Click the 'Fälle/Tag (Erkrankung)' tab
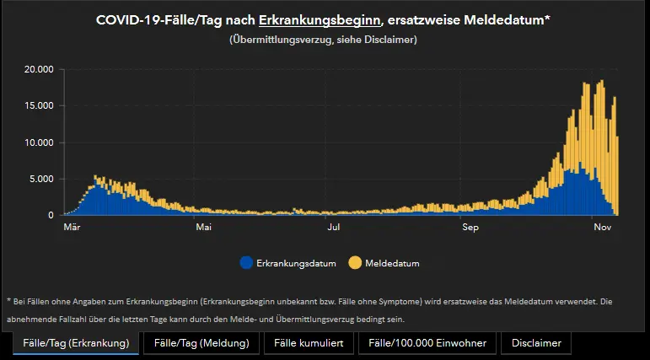[x=76, y=343]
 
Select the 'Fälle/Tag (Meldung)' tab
[x=201, y=343]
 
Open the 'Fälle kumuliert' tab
[x=309, y=343]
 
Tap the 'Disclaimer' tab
[x=536, y=343]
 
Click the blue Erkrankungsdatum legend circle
[x=246, y=263]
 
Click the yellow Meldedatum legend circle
[x=355, y=263]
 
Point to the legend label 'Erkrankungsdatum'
[x=296, y=264]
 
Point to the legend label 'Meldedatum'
[x=393, y=264]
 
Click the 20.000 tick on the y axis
[x=40, y=69]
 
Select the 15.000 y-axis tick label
[x=40, y=106]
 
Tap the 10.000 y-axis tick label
[x=40, y=142]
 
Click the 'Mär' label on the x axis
[x=72, y=227]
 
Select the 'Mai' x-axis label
[x=202, y=227]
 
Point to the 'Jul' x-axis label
[x=334, y=227]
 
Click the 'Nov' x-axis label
[x=601, y=227]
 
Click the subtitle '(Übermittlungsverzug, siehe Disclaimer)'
[x=323, y=40]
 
